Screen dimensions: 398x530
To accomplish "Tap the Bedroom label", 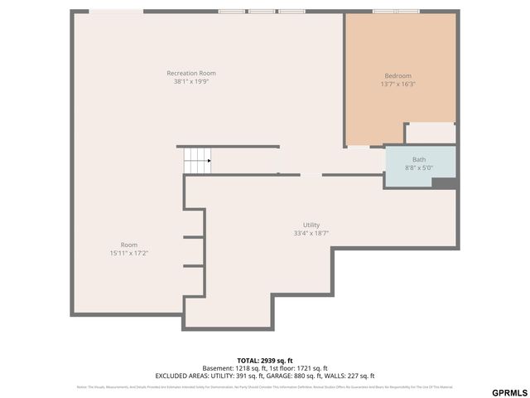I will click(397, 75).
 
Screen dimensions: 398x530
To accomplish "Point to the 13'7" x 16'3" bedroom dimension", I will click(397, 85).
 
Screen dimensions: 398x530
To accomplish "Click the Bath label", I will click(419, 159).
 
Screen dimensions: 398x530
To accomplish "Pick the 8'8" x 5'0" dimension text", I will click(419, 167).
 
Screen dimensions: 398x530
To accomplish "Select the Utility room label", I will click(311, 225).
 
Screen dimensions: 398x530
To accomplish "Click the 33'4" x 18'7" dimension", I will click(311, 234).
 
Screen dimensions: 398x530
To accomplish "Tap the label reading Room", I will click(129, 245).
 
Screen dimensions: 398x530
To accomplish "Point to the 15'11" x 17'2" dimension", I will click(129, 253).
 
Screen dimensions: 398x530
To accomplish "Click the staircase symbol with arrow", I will click(197, 161).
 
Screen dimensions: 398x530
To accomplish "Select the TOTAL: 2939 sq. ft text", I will click(265, 361).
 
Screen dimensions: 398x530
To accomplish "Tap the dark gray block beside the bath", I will click(444, 183).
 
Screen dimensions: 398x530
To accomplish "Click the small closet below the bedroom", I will click(430, 133).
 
